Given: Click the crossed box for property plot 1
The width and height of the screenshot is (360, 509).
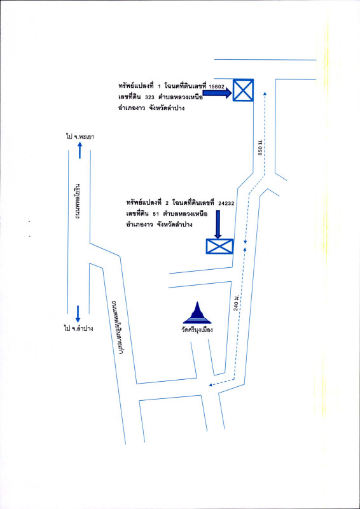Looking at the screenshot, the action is [243, 90].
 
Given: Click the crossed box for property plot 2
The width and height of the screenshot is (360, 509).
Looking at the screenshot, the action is [220, 246].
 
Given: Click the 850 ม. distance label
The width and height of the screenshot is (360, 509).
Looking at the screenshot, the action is [260, 150].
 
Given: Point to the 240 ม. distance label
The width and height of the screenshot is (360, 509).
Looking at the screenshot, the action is [237, 303].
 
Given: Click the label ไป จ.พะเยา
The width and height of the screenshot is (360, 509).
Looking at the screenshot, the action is [80, 137].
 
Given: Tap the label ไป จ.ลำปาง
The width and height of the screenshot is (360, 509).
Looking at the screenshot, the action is [79, 328].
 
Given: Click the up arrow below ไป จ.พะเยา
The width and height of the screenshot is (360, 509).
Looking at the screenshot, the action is [80, 150].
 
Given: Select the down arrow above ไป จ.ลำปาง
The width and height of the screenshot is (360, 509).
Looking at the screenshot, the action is [78, 314].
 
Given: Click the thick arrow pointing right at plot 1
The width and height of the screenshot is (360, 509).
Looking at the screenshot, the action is [217, 93].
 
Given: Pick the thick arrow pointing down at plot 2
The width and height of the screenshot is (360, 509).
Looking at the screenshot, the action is [218, 225].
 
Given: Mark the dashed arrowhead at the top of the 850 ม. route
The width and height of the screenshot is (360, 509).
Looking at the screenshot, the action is [265, 93].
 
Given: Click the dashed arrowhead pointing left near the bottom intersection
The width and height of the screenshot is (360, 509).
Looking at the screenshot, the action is [211, 385].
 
